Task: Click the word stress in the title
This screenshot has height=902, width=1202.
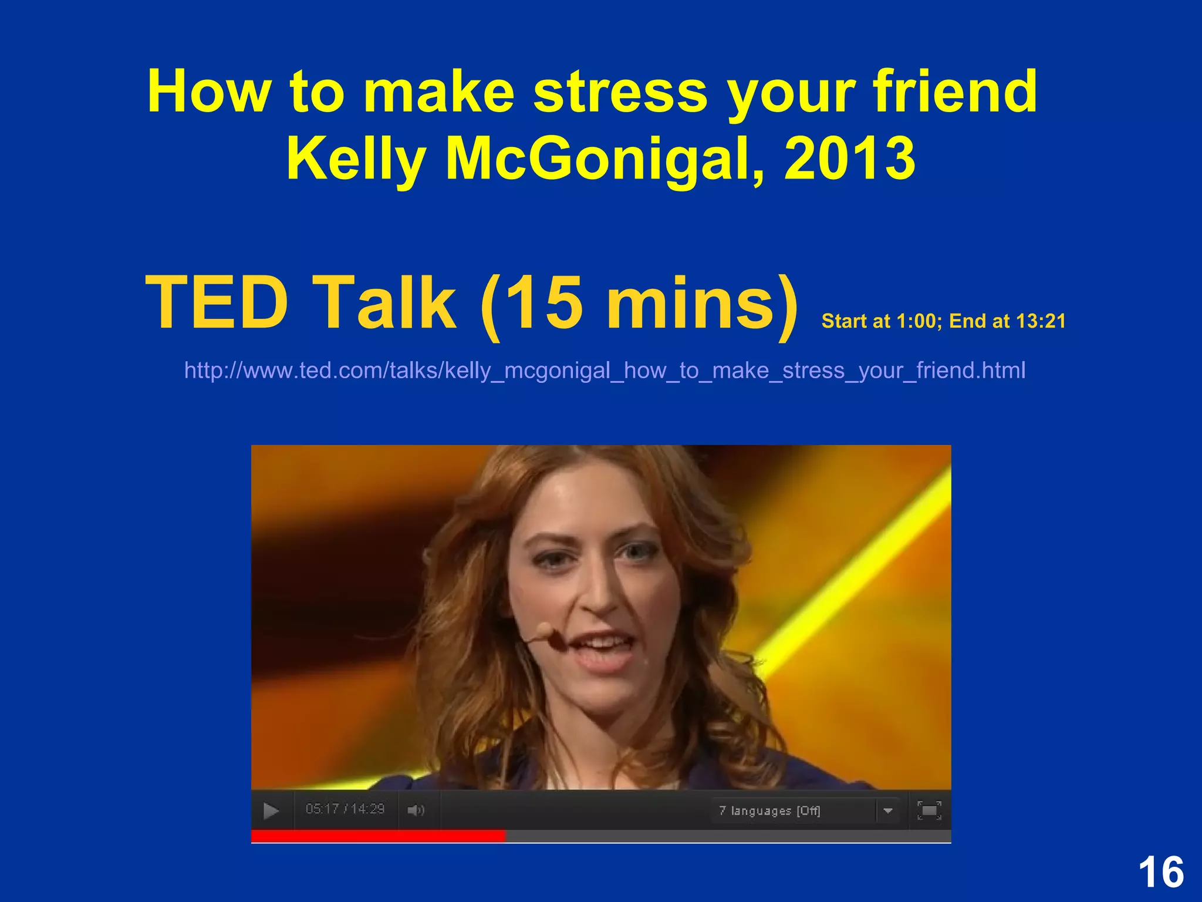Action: (620, 92)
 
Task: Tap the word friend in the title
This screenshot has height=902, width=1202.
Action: (955, 92)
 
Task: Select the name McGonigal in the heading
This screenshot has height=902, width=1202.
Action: (605, 159)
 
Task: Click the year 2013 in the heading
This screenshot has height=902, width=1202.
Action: (849, 159)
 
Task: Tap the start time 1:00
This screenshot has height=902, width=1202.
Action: (916, 321)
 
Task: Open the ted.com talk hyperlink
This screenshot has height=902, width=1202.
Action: (605, 371)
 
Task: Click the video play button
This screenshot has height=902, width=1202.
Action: (271, 811)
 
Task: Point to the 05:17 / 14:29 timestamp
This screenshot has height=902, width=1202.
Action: (345, 809)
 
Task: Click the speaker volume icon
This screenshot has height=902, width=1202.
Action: (416, 811)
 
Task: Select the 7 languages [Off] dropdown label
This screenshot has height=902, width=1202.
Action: (769, 811)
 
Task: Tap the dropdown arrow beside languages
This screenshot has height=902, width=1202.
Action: (887, 811)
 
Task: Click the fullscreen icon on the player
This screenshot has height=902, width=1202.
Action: (929, 810)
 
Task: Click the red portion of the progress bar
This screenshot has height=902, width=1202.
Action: (378, 836)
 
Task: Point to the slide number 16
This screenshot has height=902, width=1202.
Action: (1161, 873)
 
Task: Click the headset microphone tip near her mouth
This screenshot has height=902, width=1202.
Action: (543, 632)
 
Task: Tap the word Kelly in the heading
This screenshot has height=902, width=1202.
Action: (356, 159)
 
